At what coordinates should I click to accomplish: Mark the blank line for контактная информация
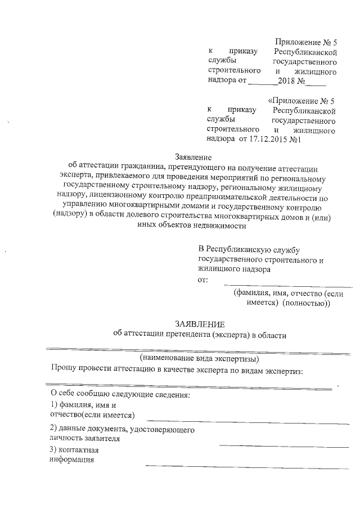[247, 467]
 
